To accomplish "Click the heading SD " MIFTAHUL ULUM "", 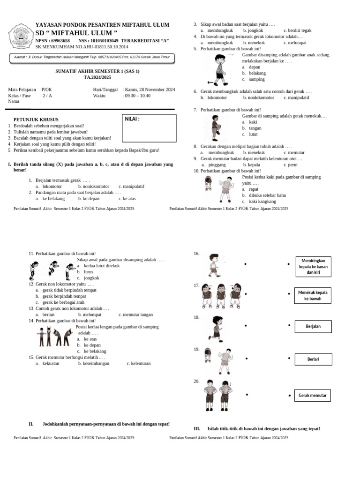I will [76, 33].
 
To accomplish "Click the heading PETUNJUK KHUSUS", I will [36, 120].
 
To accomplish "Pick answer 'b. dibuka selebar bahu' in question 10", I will [264, 195].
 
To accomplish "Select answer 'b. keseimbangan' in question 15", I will [93, 363].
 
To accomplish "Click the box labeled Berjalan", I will [313, 326].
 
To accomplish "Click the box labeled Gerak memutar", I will [313, 396].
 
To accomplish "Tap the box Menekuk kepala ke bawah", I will [313, 295].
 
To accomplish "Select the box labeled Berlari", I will [313, 359].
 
